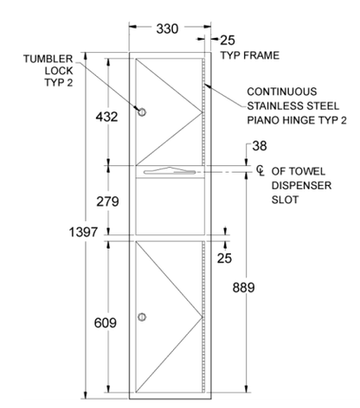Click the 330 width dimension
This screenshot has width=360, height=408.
167,29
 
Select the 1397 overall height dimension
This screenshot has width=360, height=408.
84,232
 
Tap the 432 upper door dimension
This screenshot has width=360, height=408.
107,117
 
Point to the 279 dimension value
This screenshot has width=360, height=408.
107,201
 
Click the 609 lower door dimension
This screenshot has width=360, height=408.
106,322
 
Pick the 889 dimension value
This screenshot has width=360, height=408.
244,288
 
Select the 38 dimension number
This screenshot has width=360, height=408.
260,146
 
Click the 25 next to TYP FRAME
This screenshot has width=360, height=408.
228,41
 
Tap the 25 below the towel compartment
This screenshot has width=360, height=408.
224,258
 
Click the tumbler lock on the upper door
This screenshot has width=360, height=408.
142,112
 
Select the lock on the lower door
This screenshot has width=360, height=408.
142,317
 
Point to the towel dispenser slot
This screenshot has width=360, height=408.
170,171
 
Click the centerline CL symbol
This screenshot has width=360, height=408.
260,170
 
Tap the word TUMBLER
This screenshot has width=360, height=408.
48,59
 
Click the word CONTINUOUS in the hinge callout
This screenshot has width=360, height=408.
282,92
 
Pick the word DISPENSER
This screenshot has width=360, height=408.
301,185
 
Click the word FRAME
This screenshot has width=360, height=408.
263,55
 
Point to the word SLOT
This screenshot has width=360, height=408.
285,200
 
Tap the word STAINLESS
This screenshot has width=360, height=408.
274,105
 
